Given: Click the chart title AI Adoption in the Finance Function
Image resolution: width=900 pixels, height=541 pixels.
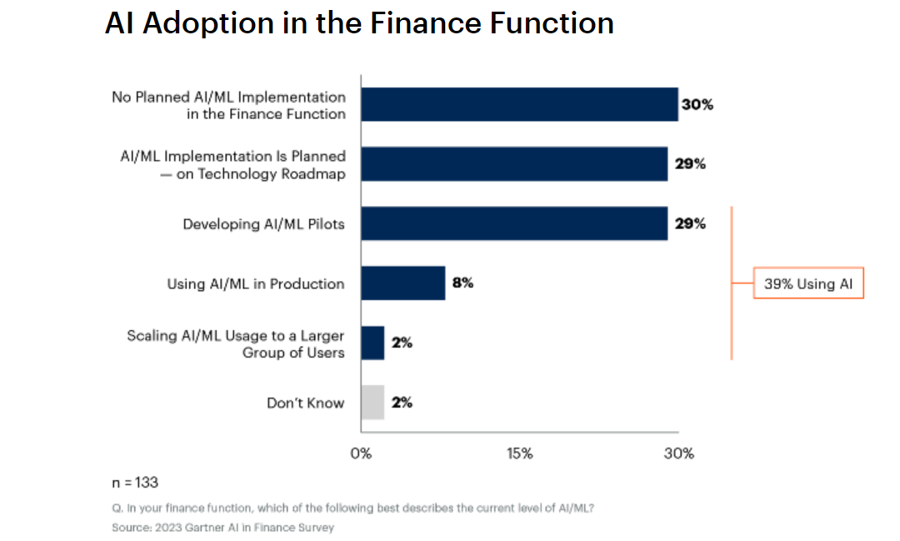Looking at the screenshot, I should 359,23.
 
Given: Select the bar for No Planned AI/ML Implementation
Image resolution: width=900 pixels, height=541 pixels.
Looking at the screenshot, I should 519,105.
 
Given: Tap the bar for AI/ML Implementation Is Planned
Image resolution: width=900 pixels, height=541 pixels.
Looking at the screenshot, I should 514,164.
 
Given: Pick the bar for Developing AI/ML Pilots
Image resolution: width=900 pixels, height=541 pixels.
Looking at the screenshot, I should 514,224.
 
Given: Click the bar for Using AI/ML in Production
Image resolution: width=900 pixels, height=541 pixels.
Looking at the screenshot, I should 403,283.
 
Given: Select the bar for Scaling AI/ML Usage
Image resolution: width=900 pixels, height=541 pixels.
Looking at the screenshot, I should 372,343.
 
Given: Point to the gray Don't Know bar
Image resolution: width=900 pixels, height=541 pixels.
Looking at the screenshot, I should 372,403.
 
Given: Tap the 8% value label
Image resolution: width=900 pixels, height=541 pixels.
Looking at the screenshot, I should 462,283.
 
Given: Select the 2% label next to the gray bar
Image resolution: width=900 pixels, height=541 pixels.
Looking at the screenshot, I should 402,403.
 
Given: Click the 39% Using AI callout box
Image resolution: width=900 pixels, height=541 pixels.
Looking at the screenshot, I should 808,283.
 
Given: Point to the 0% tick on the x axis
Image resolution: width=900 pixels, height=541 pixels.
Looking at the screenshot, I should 361,453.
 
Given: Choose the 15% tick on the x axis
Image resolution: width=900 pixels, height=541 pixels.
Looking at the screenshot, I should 519,453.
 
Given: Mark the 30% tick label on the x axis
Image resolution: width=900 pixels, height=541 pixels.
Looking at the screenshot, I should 678,453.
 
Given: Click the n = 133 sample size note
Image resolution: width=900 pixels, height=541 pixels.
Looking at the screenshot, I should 135,483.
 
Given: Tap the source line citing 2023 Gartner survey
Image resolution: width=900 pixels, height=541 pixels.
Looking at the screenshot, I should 222,528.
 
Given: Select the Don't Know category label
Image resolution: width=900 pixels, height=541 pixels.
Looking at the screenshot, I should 305,403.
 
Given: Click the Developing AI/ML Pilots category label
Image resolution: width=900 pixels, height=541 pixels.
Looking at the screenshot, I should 263,224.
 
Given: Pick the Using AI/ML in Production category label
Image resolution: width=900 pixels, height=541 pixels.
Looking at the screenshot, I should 255,283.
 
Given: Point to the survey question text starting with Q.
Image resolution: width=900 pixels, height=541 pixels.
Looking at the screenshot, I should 352,508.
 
